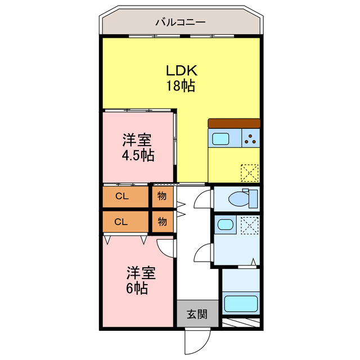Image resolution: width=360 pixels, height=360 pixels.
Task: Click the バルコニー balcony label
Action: coord(180,22)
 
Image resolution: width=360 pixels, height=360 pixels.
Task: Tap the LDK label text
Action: coord(180,71)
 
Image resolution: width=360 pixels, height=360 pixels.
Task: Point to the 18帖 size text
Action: coord(180,86)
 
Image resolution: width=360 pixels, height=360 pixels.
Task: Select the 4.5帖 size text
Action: coord(138,155)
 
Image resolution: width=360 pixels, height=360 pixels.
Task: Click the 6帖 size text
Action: coord(137,289)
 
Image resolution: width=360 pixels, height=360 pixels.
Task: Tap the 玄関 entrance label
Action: coord(197,314)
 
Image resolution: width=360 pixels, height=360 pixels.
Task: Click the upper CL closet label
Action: coord(121,196)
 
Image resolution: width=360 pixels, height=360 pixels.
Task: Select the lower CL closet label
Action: coord(121,221)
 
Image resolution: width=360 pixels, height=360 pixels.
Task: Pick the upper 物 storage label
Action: coord(162,196)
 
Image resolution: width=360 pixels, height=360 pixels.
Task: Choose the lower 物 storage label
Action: coord(162,221)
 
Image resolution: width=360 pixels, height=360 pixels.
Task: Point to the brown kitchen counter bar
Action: coord(234,123)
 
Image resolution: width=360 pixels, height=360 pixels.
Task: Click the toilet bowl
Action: coord(242,198)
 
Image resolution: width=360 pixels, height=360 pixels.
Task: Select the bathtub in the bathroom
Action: coord(241,304)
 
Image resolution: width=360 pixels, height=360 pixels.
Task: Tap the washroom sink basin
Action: coord(226,225)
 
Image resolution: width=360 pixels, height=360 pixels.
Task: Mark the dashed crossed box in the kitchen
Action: coord(250,172)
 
